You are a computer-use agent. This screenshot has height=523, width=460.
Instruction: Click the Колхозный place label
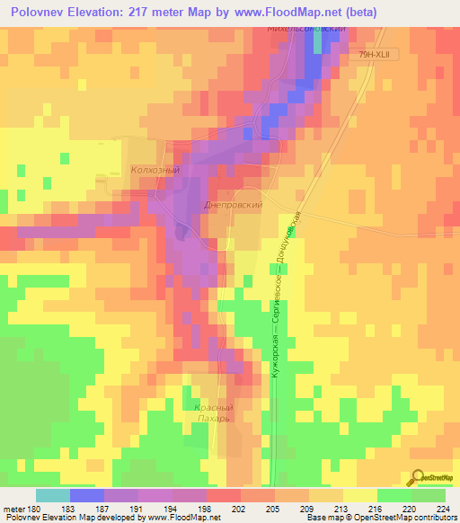156,169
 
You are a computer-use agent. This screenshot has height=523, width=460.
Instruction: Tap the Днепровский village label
233,205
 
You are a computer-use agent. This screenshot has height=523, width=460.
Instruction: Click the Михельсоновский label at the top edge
305,30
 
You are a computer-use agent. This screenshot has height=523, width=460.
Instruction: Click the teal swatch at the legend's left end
52,495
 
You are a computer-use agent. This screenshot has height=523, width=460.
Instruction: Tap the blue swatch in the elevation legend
86,495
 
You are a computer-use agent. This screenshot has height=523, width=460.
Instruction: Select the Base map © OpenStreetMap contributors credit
382,518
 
